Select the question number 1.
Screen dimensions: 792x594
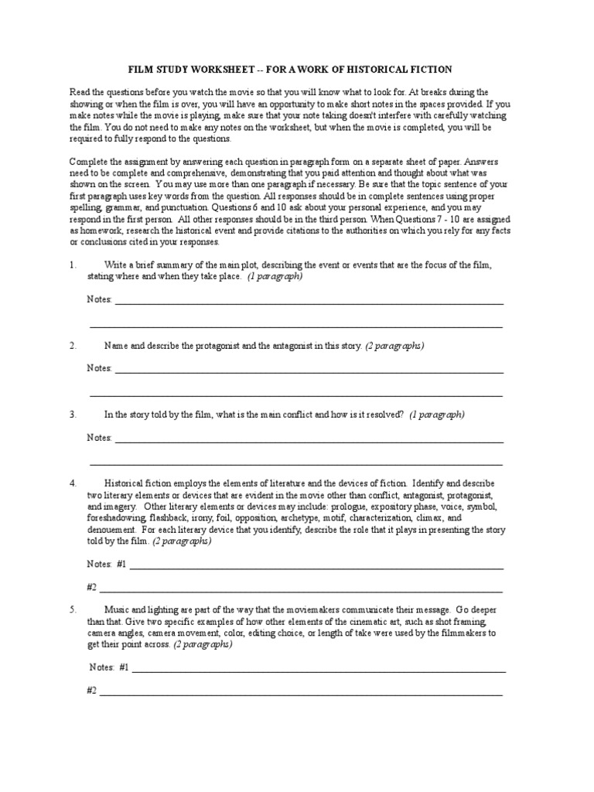pos(73,265)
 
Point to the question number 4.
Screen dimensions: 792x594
pos(73,483)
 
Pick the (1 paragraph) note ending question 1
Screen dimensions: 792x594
pos(275,275)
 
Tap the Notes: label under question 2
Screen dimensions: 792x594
pos(99,368)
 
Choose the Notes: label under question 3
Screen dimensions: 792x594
pos(99,438)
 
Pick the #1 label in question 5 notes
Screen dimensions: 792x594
pos(124,667)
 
